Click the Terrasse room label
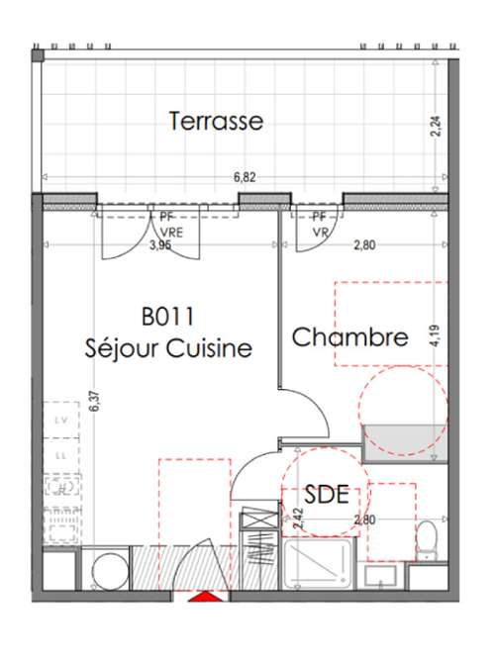(x=216, y=121)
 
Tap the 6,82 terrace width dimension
(x=245, y=178)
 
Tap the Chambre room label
(x=349, y=337)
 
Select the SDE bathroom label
(x=327, y=495)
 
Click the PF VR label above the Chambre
(x=320, y=224)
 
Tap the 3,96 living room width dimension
(x=159, y=244)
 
